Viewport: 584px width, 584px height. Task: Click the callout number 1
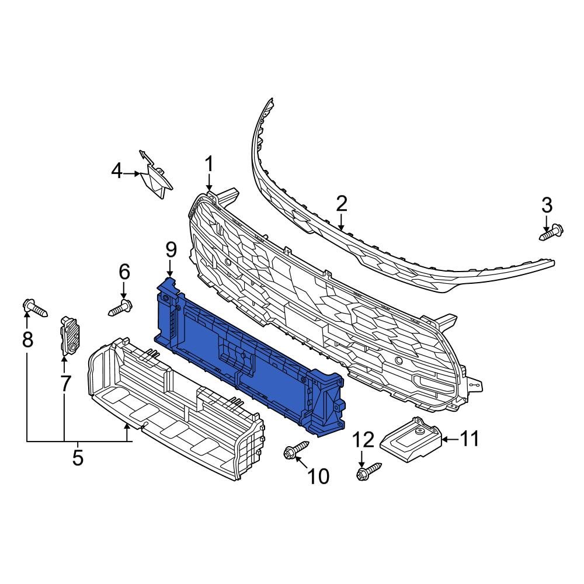[209, 165]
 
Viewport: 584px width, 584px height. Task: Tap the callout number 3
[546, 206]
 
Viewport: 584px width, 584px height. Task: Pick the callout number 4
[117, 171]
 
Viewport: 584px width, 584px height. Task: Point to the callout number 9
[170, 251]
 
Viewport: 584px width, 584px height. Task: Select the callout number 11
[470, 438]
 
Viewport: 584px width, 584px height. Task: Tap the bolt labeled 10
[296, 450]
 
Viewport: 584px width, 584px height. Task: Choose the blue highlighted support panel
[245, 356]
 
